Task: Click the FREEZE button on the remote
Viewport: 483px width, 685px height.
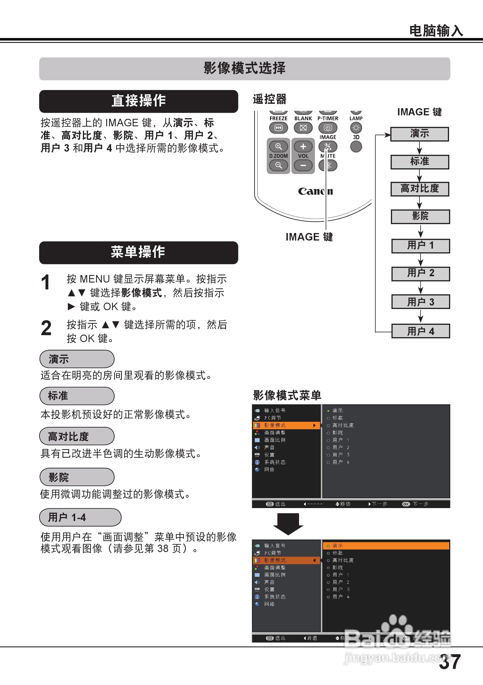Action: click(278, 128)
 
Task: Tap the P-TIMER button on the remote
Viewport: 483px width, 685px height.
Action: click(328, 128)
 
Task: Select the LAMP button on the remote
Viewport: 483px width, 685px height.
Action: click(356, 128)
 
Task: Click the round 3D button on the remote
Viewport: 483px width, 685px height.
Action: click(356, 146)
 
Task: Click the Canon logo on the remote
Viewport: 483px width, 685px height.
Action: click(315, 191)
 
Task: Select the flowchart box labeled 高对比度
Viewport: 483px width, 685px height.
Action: click(420, 189)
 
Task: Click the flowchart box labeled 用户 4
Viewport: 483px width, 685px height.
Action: click(421, 331)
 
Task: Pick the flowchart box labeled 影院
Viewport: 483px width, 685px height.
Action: click(420, 216)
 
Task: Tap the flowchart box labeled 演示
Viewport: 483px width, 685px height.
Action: click(419, 134)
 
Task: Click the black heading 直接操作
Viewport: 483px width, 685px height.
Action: click(138, 101)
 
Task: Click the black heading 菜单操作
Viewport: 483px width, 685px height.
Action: click(138, 252)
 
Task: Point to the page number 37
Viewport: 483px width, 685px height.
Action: click(450, 662)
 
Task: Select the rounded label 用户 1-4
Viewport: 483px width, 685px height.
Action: click(80, 517)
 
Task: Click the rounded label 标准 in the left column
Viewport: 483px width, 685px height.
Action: click(77, 396)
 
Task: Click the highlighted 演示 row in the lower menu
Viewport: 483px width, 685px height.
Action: click(386, 546)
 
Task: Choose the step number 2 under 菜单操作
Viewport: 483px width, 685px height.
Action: click(46, 328)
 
